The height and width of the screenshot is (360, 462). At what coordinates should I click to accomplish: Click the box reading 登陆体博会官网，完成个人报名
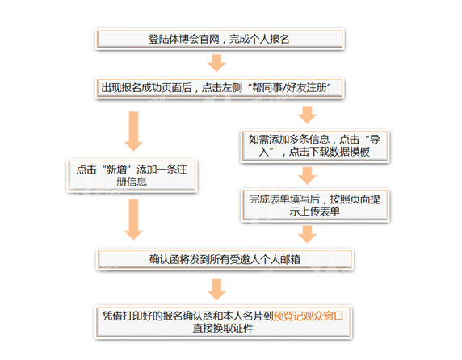coord(220,39)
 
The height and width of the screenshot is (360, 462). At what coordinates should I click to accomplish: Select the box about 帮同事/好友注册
coord(220,88)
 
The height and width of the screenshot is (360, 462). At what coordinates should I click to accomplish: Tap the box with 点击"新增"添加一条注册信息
coord(132,176)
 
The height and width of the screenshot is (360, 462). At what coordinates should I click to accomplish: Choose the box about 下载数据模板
coord(315,146)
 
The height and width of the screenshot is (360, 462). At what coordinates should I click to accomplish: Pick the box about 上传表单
coord(315,205)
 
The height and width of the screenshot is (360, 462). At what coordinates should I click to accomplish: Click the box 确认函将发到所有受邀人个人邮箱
coord(225,259)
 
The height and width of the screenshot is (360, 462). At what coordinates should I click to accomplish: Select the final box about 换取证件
coord(224,322)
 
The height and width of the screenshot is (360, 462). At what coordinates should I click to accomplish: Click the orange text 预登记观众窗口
coord(309,316)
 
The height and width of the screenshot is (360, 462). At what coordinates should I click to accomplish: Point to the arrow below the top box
coord(216,63)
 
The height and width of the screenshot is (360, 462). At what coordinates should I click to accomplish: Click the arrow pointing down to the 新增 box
coord(133,132)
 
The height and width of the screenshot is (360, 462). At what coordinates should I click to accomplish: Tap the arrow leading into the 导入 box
coord(307,115)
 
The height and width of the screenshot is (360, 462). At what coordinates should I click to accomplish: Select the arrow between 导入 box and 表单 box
coord(307,176)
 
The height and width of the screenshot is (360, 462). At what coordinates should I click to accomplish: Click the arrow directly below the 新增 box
coord(133,220)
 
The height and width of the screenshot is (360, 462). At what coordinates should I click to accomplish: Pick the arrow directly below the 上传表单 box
coord(307,235)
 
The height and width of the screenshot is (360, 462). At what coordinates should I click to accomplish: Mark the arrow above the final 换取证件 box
coord(216,290)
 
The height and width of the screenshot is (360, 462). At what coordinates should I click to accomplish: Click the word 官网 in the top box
coord(209,39)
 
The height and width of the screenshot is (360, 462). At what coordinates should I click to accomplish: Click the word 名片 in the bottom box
coord(253,316)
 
